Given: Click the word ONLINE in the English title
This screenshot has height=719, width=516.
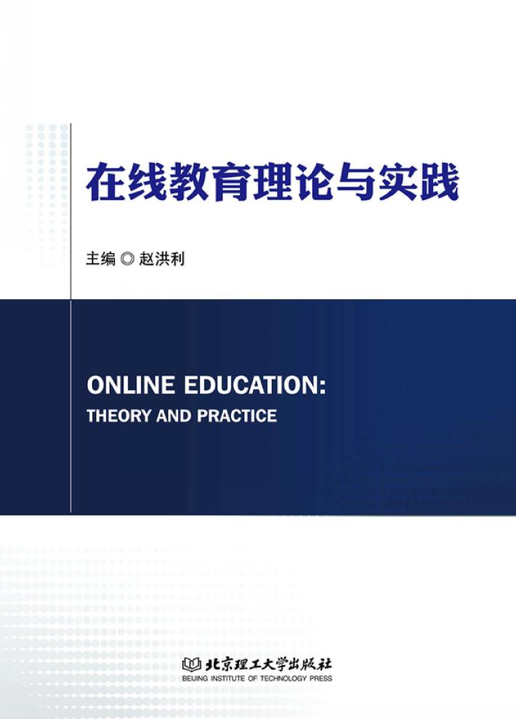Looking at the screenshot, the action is point(131,384).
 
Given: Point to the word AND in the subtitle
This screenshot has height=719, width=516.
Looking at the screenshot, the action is point(174,416).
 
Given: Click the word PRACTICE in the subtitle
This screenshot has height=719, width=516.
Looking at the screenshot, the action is point(237,416).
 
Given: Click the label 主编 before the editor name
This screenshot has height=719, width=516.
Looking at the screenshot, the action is point(101,258).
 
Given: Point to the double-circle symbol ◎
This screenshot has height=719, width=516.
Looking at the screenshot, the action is point(127,259).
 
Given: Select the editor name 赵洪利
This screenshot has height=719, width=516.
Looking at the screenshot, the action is point(161,258).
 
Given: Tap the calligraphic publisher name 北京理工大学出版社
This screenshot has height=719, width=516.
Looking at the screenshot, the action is point(268,664).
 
